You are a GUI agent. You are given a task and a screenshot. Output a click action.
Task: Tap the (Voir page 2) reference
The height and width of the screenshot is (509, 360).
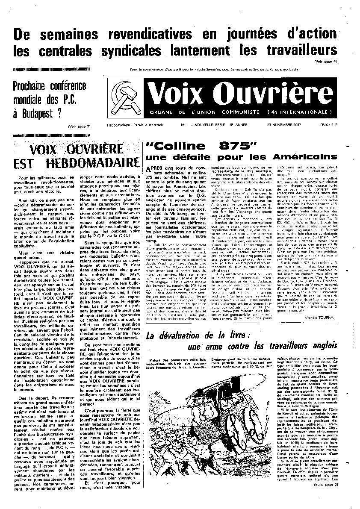[79, 127]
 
